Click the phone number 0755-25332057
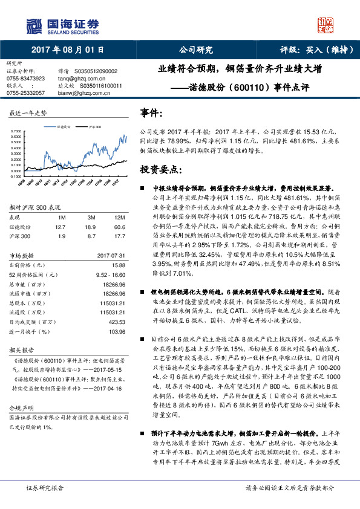(25, 93)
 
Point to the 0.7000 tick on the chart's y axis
(17, 131)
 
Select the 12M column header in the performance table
(120, 217)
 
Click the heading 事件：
(152, 113)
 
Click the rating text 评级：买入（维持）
(309, 50)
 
